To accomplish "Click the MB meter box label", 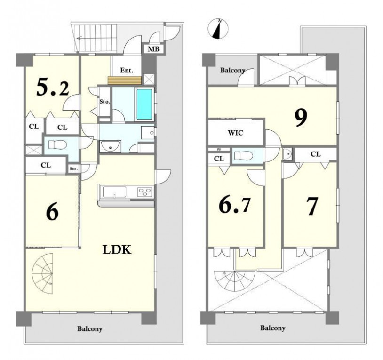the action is pyautogui.click(x=153, y=49).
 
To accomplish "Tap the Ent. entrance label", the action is pyautogui.click(x=127, y=71).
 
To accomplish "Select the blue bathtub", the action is pyautogui.click(x=144, y=104).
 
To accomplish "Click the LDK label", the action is pyautogui.click(x=117, y=249).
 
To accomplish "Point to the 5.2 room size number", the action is pyautogui.click(x=53, y=88).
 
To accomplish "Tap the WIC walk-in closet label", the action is pyautogui.click(x=235, y=133).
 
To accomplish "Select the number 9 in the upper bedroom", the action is pyautogui.click(x=301, y=118).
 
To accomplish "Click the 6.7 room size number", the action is pyautogui.click(x=234, y=204).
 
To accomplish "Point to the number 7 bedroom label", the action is pyautogui.click(x=312, y=207).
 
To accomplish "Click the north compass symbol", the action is pyautogui.click(x=218, y=29).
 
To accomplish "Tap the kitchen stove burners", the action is pyautogui.click(x=145, y=191).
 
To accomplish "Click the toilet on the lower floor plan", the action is pyautogui.click(x=58, y=144).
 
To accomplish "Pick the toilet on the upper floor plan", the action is pyautogui.click(x=244, y=155).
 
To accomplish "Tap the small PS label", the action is pyautogui.click(x=218, y=149).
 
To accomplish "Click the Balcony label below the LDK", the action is pyautogui.click(x=90, y=328).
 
